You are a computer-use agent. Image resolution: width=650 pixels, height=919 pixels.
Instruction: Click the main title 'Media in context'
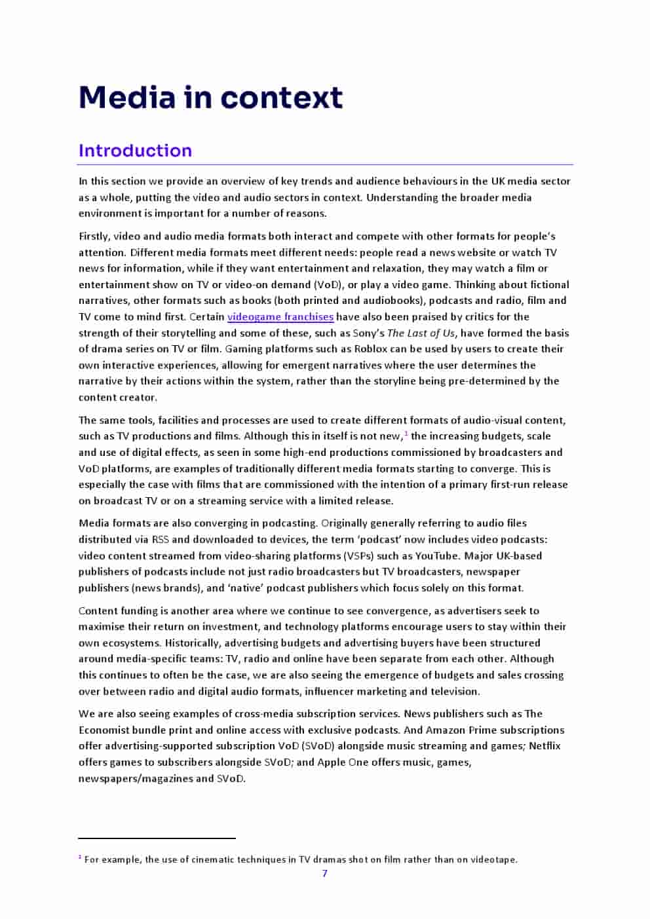pos(210,98)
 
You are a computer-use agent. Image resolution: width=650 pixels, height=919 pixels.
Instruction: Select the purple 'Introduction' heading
pos(135,151)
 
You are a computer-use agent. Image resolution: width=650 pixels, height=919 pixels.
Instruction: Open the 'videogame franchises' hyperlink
pos(280,317)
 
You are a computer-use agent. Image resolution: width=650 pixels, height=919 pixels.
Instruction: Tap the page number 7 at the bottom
pos(324,873)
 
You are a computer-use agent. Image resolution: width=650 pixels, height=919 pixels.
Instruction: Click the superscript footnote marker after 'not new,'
pos(406,434)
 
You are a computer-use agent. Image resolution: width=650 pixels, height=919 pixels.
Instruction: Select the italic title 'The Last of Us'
pos(421,333)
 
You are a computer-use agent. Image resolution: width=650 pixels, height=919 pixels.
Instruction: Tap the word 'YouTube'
pos(436,555)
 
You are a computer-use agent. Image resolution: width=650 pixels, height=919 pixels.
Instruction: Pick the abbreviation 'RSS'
pos(160,539)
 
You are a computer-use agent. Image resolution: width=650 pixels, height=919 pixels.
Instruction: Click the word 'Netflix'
pos(545,745)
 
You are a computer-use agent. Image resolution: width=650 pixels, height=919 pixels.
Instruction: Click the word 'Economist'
pos(104,730)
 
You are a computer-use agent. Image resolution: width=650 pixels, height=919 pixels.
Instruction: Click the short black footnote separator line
pos(157,838)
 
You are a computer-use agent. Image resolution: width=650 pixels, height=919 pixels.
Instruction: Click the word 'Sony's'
pos(368,333)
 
